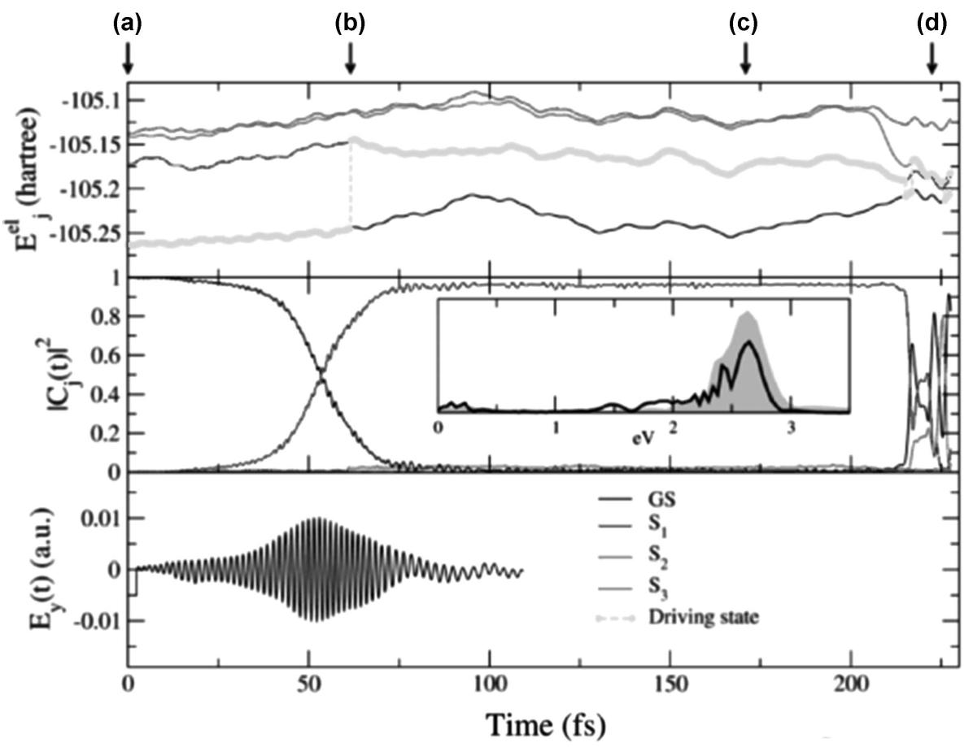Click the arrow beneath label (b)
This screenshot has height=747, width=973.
351,57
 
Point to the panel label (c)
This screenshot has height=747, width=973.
744,24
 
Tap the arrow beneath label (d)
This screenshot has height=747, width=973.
932,57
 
